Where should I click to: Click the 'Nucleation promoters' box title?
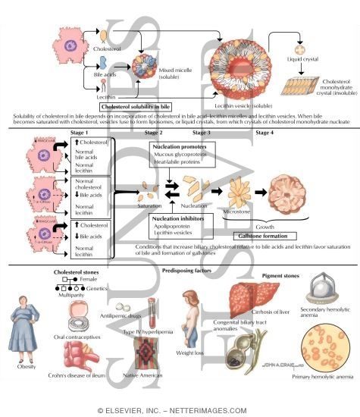click(175, 146)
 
